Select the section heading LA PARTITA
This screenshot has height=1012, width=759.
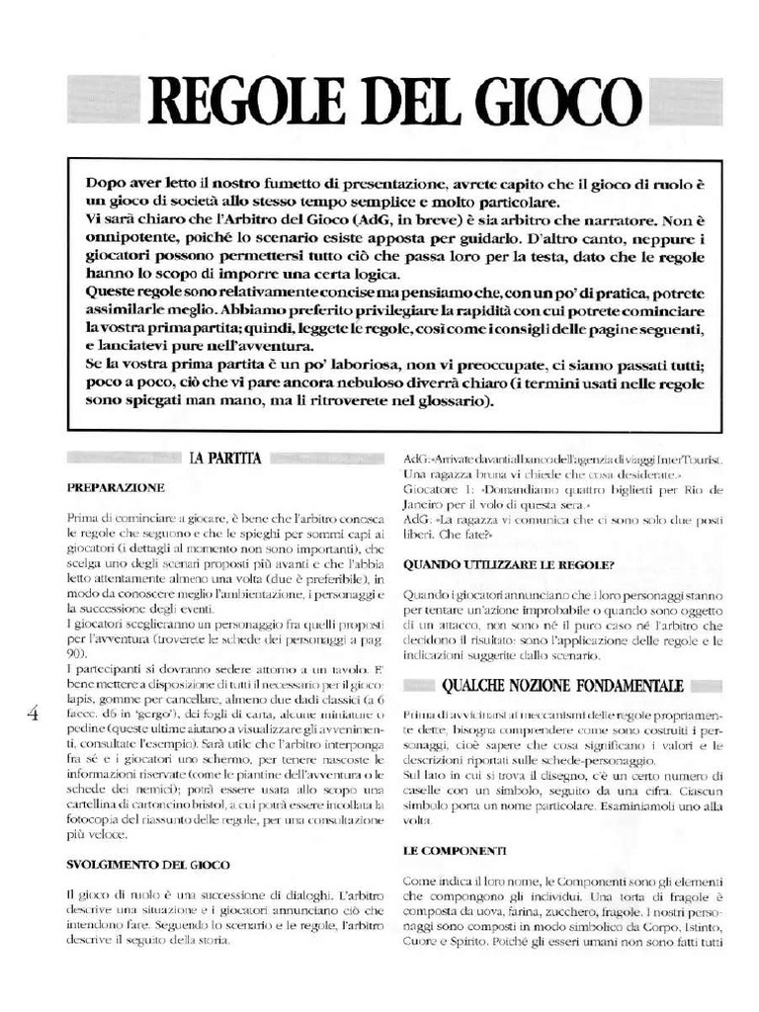[225, 458]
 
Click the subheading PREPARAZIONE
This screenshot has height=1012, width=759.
[116, 487]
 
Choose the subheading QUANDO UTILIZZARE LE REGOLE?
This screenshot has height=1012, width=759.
[510, 566]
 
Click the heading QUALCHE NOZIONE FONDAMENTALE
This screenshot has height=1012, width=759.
[562, 685]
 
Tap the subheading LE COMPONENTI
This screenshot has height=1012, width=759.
[455, 850]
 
